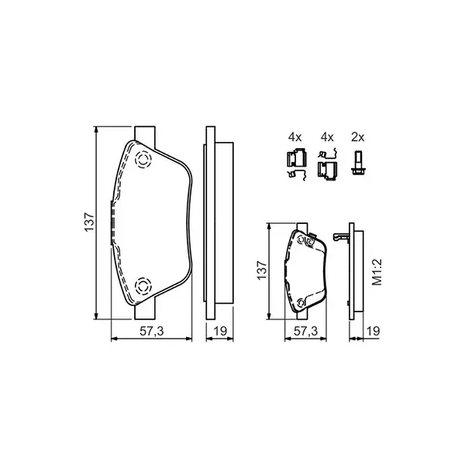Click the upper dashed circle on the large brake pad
coord(143,160)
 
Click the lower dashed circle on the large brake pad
coord(143,285)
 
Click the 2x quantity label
coord(357,137)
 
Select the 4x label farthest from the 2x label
coord(294,137)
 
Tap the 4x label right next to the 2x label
coord(327,137)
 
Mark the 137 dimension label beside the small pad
coord(263,270)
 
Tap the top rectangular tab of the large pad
coord(144,134)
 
